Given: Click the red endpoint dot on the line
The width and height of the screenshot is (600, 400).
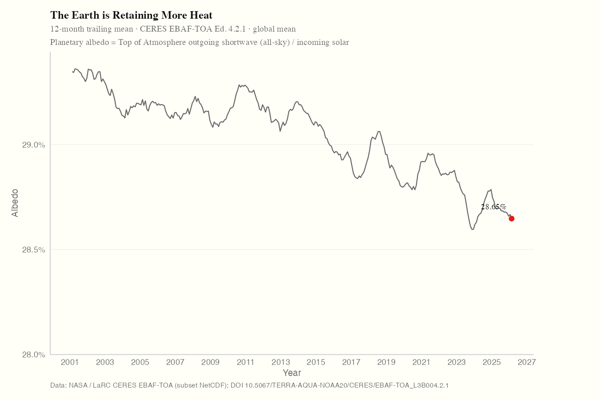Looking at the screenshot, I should pos(512,219).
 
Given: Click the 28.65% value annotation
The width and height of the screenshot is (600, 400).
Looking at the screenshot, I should pos(493,207).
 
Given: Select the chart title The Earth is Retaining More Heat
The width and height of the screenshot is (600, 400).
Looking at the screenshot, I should pos(131,15).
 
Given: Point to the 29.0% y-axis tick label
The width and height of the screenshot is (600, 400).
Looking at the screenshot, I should pos(34,145).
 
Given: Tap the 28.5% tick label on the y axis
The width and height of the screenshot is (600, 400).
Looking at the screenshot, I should pos(34,250).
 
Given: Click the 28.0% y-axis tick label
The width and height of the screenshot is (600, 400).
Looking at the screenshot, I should pos(34,355).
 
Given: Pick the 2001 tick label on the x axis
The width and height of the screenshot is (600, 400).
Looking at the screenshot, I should pos(70,362).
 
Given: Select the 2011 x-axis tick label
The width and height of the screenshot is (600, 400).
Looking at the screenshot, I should pos(246,362).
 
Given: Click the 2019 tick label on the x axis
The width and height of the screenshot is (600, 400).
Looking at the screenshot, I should pos(386,362).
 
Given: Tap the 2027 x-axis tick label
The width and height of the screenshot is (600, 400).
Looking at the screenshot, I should pos(527,362).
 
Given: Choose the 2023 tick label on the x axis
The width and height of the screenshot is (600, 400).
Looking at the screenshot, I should pos(456,362).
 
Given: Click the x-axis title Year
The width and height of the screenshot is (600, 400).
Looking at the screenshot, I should pos(292,373).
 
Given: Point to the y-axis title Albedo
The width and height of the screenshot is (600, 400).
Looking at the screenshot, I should pos(15,203).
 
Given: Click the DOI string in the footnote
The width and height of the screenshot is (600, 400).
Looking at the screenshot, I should pos(340,385).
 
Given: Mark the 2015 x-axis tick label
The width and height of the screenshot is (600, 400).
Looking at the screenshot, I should pos(316,362).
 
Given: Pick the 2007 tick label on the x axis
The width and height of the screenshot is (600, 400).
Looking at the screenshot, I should pos(175,362).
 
